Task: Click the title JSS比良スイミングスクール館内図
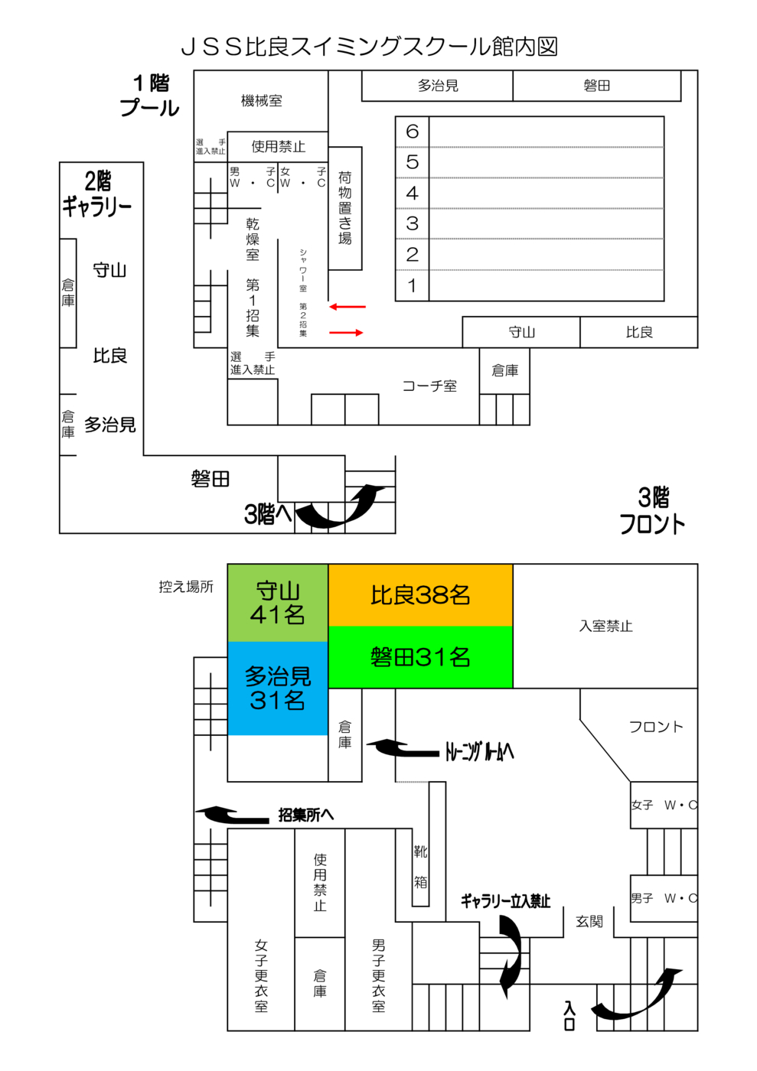click(369, 47)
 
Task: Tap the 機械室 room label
click(261, 101)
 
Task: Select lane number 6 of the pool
click(413, 132)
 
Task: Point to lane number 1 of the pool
click(413, 286)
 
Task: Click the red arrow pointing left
click(348, 307)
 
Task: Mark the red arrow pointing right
click(347, 333)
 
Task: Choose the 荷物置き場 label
click(345, 208)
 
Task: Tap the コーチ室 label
click(429, 386)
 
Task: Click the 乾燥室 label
click(253, 239)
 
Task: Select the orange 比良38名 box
click(420, 595)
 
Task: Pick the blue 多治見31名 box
click(278, 688)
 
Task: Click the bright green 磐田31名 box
click(420, 657)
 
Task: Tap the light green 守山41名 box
click(278, 603)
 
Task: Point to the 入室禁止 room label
click(605, 626)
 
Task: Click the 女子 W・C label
click(664, 805)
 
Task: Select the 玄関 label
click(589, 922)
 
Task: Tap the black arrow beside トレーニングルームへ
click(402, 748)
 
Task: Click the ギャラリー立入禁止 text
click(505, 901)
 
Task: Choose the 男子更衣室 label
click(379, 975)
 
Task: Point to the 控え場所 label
click(186, 587)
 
